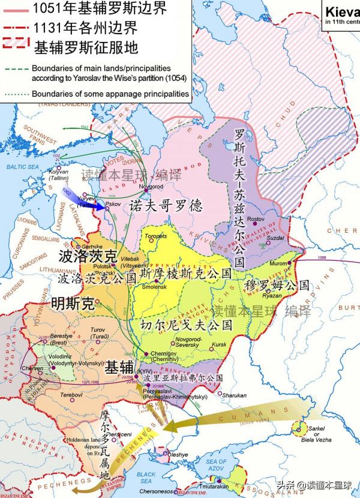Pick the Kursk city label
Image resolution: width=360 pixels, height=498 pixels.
pos(219,345)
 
